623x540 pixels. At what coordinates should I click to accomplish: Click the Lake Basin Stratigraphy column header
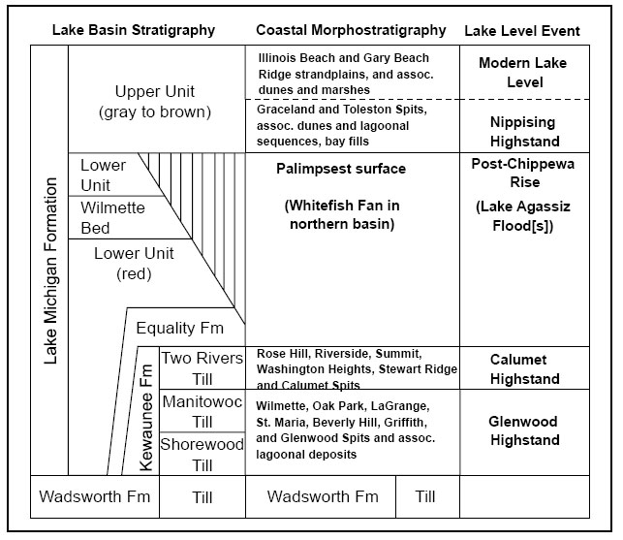pyautogui.click(x=134, y=30)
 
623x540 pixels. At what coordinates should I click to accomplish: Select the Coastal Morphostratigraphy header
pyautogui.click(x=351, y=30)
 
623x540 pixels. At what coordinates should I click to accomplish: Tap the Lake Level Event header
pyautogui.click(x=522, y=31)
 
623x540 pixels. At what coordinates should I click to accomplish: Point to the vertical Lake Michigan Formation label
pyautogui.click(x=50, y=270)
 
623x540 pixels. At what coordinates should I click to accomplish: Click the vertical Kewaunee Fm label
pyautogui.click(x=146, y=418)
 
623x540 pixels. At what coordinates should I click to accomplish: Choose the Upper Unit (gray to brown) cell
pyautogui.click(x=155, y=102)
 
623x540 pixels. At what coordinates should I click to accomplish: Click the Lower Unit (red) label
pyautogui.click(x=134, y=264)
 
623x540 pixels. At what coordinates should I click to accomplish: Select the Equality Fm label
pyautogui.click(x=180, y=328)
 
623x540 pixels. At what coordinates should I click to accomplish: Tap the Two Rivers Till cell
pyautogui.click(x=202, y=368)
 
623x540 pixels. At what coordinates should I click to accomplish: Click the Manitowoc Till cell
pyautogui.click(x=202, y=412)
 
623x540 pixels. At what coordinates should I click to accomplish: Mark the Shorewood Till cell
pyautogui.click(x=202, y=455)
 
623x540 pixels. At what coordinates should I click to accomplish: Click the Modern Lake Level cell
pyautogui.click(x=523, y=73)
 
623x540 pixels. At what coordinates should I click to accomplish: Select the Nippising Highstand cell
pyautogui.click(x=524, y=132)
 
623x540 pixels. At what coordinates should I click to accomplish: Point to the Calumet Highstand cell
pyautogui.click(x=524, y=369)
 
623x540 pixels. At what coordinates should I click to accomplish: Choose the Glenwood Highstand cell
pyautogui.click(x=523, y=430)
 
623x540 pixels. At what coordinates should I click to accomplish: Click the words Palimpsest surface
pyautogui.click(x=341, y=169)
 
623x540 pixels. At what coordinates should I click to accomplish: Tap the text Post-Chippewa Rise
pyautogui.click(x=523, y=173)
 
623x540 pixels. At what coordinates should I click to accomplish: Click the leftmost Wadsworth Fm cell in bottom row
pyautogui.click(x=95, y=496)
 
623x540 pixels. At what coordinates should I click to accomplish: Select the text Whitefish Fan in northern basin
pyautogui.click(x=342, y=214)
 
